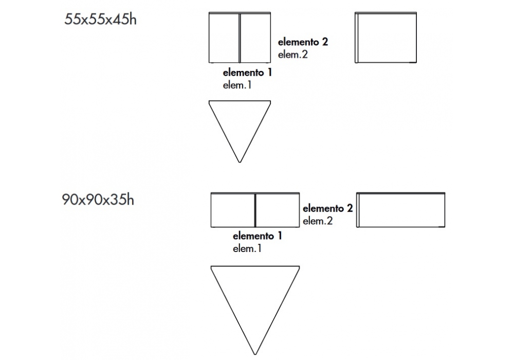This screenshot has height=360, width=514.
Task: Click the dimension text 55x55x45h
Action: point(100,20)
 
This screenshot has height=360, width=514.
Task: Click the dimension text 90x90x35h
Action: point(98,200)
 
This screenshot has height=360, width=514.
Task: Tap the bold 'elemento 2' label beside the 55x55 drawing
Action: point(303,42)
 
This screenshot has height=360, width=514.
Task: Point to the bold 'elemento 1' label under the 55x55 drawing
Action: point(247,73)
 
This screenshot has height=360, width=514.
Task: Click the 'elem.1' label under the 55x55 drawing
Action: point(237,85)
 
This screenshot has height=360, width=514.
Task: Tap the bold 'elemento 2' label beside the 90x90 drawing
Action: point(327,208)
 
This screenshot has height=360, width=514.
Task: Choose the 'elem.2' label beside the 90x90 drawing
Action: point(318,221)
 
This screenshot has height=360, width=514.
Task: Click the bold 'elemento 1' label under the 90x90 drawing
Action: point(258,237)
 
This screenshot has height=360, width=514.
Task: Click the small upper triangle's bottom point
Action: point(240,161)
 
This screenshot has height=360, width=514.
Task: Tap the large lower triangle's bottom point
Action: point(255,353)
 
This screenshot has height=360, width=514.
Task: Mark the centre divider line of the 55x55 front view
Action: point(240,38)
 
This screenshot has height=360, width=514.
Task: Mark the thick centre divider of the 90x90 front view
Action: point(255,210)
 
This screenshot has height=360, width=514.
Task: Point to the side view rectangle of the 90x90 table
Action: point(401,210)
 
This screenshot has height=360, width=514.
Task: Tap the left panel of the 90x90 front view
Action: point(233,210)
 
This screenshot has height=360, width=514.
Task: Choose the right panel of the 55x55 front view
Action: point(255,38)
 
